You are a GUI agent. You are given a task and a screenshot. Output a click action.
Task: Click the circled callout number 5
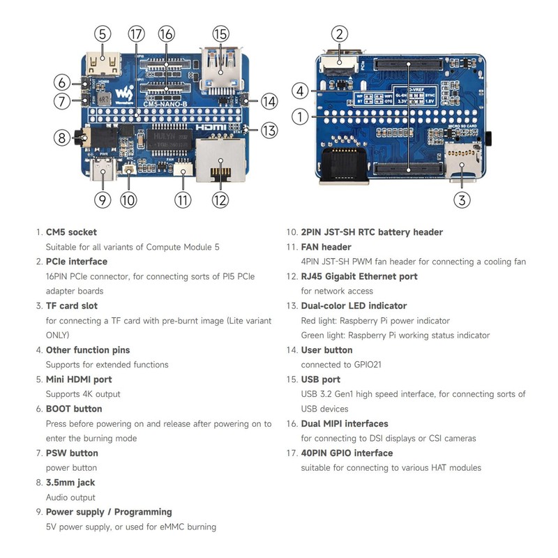click(103, 33)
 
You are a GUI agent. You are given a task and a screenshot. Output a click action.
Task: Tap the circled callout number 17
click(136, 33)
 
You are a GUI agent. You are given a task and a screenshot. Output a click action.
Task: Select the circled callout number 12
click(220, 200)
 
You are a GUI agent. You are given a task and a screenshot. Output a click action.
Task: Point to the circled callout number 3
click(461, 200)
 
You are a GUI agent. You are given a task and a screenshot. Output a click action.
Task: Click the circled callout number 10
click(128, 200)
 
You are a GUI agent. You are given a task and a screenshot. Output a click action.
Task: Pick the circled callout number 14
click(270, 101)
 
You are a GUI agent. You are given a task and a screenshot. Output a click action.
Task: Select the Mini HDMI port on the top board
click(102, 66)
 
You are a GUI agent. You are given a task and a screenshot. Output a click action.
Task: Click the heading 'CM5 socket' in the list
click(71, 232)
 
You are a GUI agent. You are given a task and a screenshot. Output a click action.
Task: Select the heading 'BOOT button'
click(74, 409)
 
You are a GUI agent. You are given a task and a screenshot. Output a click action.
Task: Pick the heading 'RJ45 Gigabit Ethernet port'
click(359, 276)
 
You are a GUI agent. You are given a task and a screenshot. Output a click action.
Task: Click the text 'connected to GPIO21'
click(337, 365)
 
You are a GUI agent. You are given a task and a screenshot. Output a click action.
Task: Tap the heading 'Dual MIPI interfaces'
click(345, 423)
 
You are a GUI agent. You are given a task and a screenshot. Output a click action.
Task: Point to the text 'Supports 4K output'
click(83, 394)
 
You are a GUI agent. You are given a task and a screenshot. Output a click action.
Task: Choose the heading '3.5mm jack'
click(70, 482)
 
